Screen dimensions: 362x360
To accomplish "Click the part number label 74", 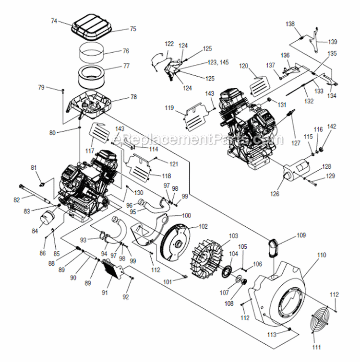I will [x=54, y=21].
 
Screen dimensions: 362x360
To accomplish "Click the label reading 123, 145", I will [x=218, y=62].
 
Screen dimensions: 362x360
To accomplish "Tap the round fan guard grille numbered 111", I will [x=315, y=326].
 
